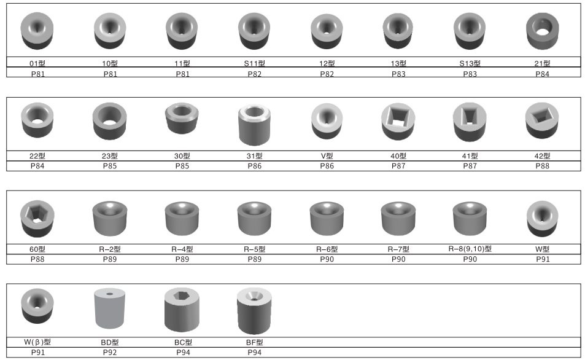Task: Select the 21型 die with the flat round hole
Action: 543,31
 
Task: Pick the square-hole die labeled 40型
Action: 398,120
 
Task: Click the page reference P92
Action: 109,353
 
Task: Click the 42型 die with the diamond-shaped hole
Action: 543,120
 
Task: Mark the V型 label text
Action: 326,156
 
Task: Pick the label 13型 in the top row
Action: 398,63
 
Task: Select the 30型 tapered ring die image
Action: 182,119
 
